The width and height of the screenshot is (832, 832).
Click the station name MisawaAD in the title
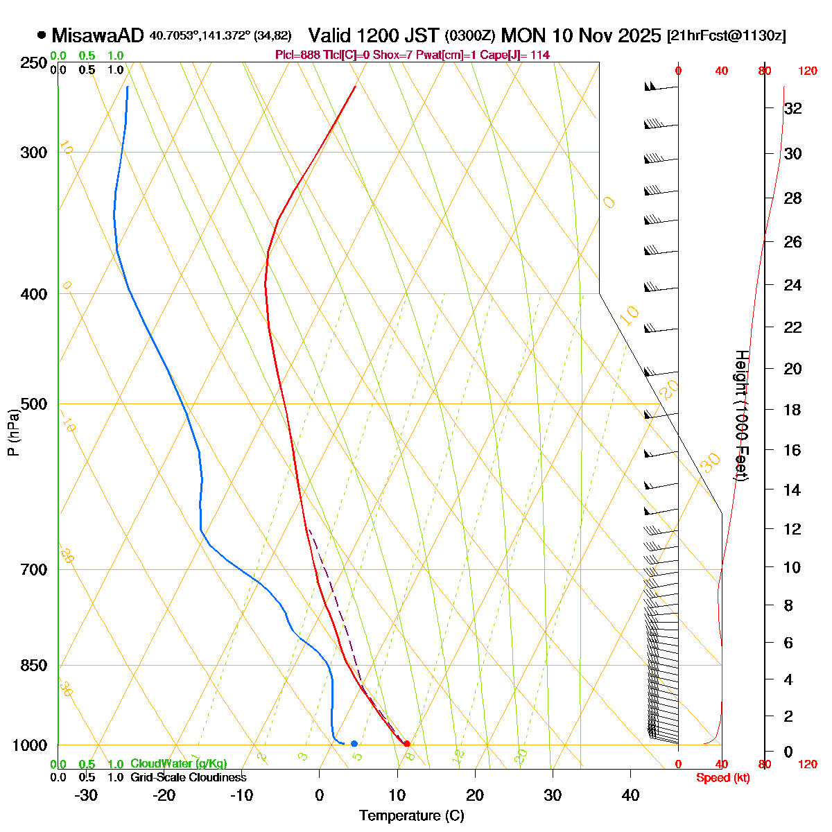98,35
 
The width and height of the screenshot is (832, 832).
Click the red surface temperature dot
406,743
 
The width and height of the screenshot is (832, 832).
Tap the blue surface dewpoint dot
354,743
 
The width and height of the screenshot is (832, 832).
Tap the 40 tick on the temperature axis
630,795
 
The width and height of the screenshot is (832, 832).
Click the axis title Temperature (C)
412,816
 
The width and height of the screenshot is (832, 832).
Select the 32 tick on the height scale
792,109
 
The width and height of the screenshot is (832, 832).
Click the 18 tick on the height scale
792,410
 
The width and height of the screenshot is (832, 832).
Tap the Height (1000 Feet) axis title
741,416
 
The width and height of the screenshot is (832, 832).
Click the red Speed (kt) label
722,778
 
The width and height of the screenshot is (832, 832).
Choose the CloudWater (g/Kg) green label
178,763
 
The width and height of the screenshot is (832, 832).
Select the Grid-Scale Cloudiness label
188,777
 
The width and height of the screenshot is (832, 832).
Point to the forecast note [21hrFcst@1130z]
726,36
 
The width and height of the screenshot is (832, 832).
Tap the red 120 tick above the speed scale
807,71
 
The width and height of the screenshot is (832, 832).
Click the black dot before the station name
42,35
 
